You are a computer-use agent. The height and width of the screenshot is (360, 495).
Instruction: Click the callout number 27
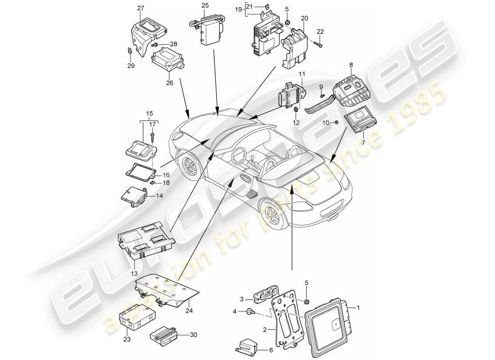(140, 8)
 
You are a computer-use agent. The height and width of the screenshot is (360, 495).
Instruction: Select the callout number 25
(205, 5)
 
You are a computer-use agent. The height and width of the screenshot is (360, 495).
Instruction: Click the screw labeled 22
(319, 44)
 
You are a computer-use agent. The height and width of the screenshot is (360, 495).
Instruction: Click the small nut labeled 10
(336, 122)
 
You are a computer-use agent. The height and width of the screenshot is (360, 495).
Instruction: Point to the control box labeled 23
(133, 320)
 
